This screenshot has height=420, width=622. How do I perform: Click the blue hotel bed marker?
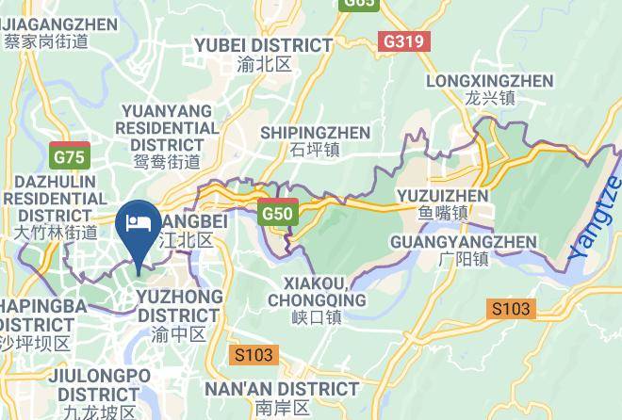tap(139, 227)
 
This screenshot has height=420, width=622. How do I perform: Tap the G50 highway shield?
tap(278, 213)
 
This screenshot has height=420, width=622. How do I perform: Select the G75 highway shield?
tap(70, 156)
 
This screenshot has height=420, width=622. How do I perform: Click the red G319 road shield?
tap(404, 42)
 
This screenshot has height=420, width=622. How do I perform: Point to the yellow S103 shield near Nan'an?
tap(253, 355)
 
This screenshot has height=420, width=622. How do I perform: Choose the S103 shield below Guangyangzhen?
tap(511, 308)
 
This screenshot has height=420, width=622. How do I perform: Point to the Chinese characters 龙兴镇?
tap(489, 98)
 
